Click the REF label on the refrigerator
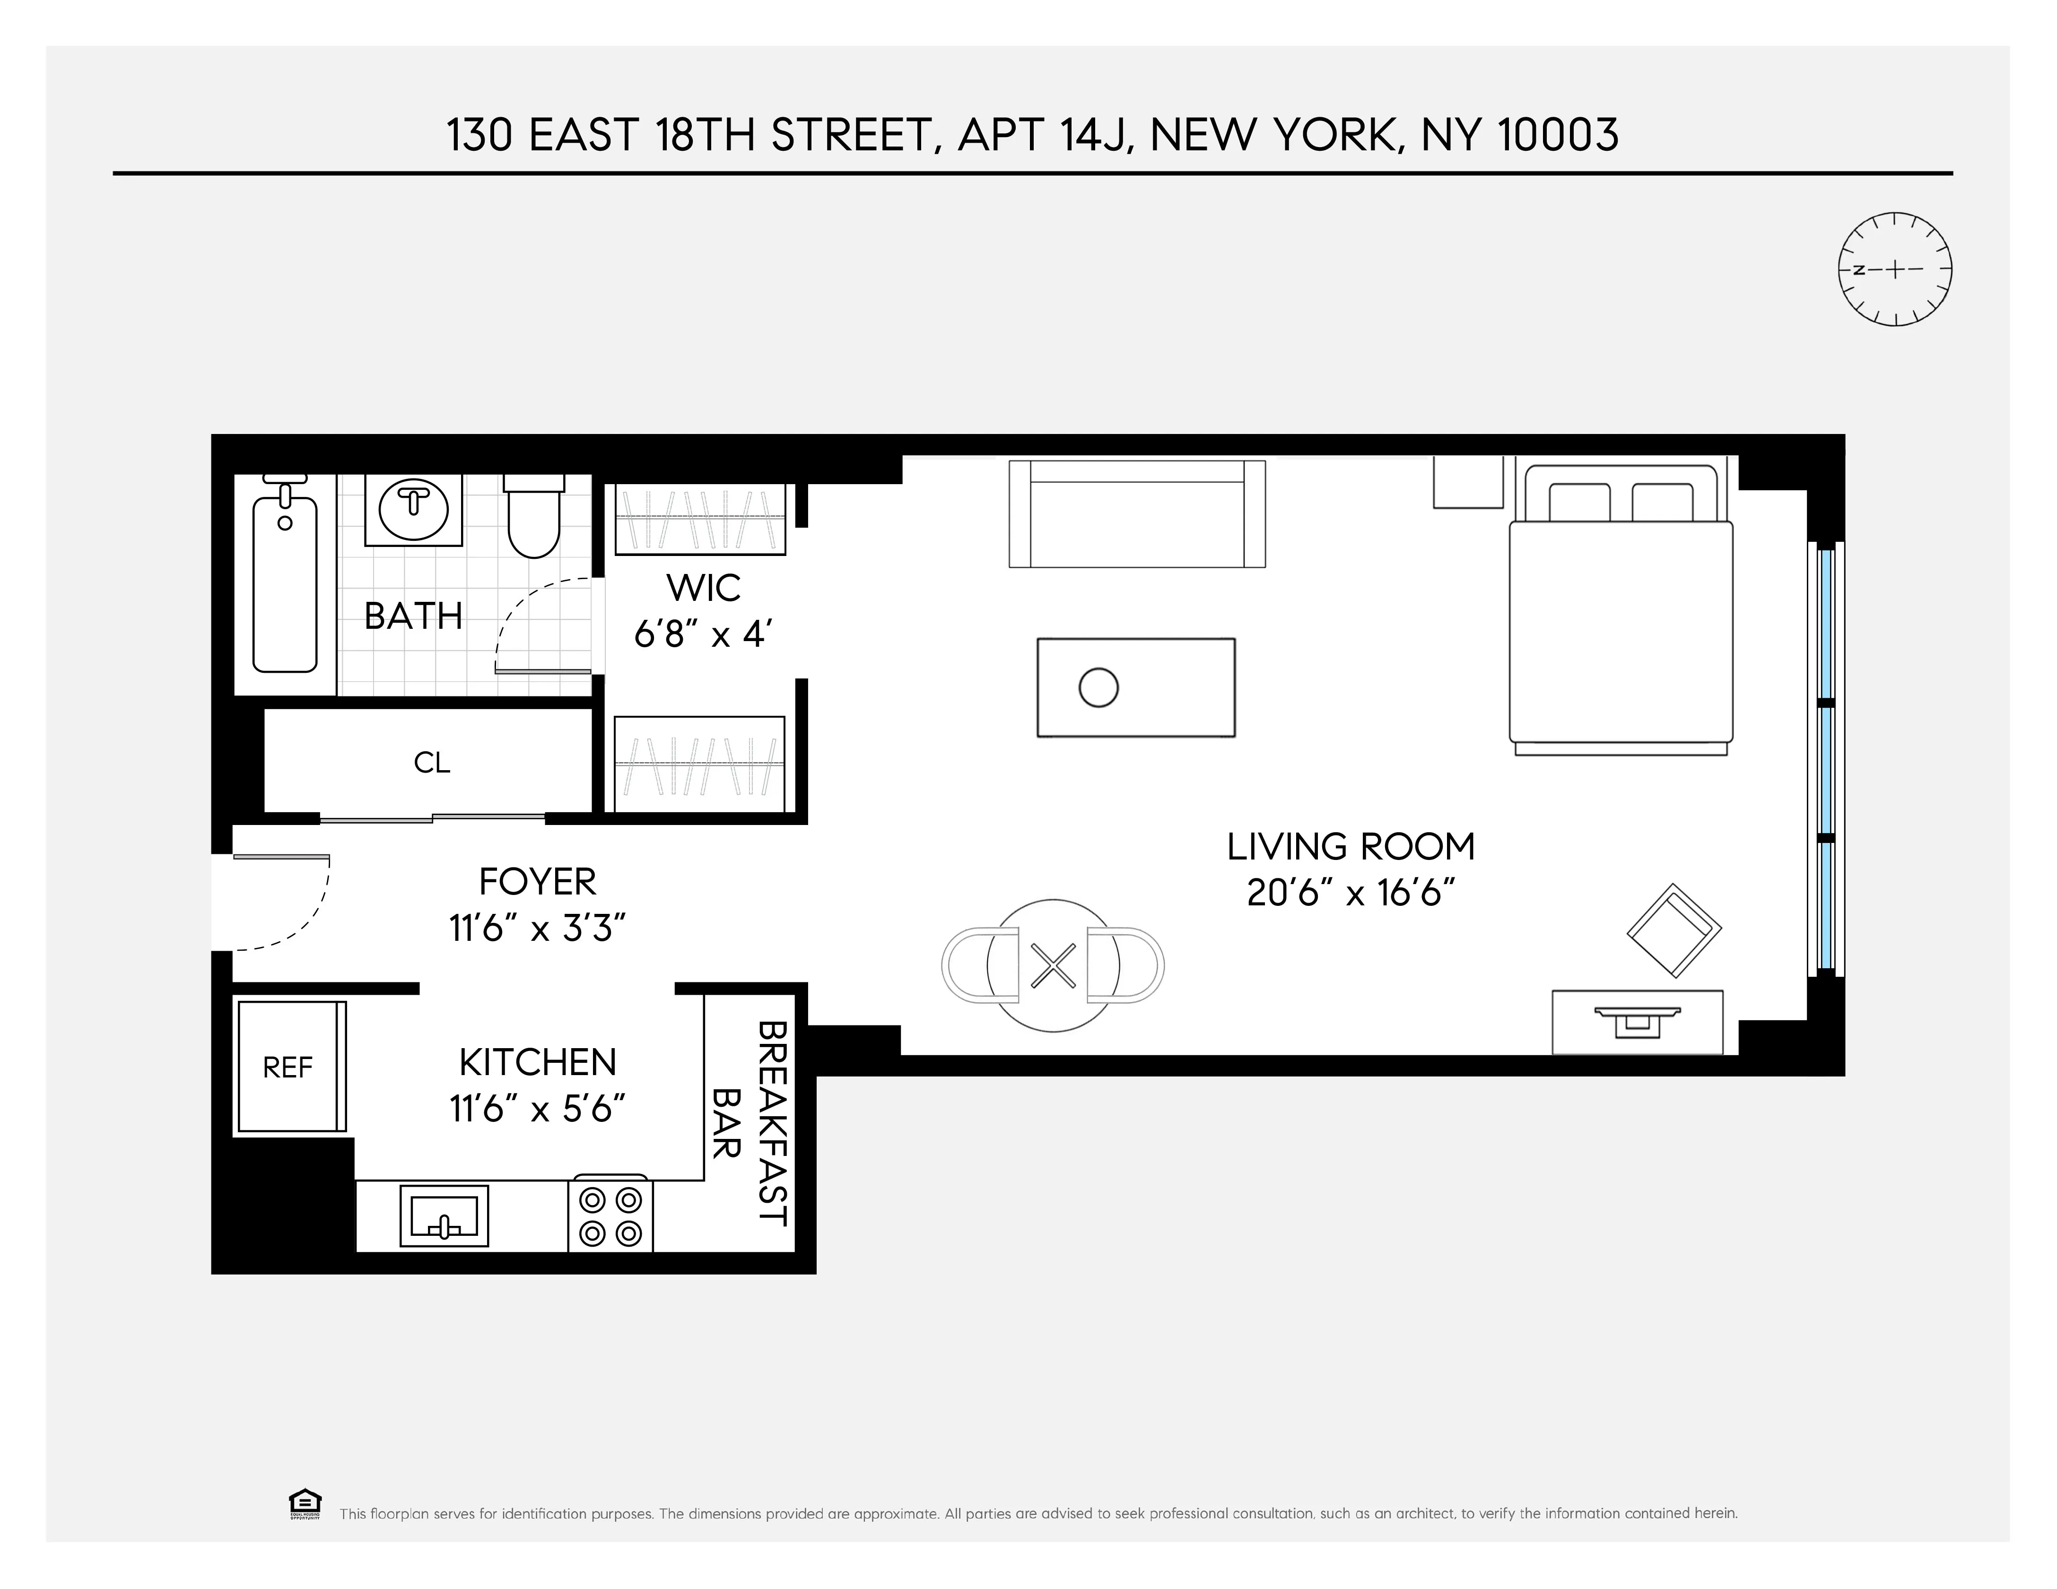pos(287,1067)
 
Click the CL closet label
pos(432,762)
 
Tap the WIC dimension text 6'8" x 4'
pos(704,635)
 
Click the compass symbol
pos(1894,269)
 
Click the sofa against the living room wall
pos(1137,514)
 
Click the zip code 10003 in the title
pos(1558,135)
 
